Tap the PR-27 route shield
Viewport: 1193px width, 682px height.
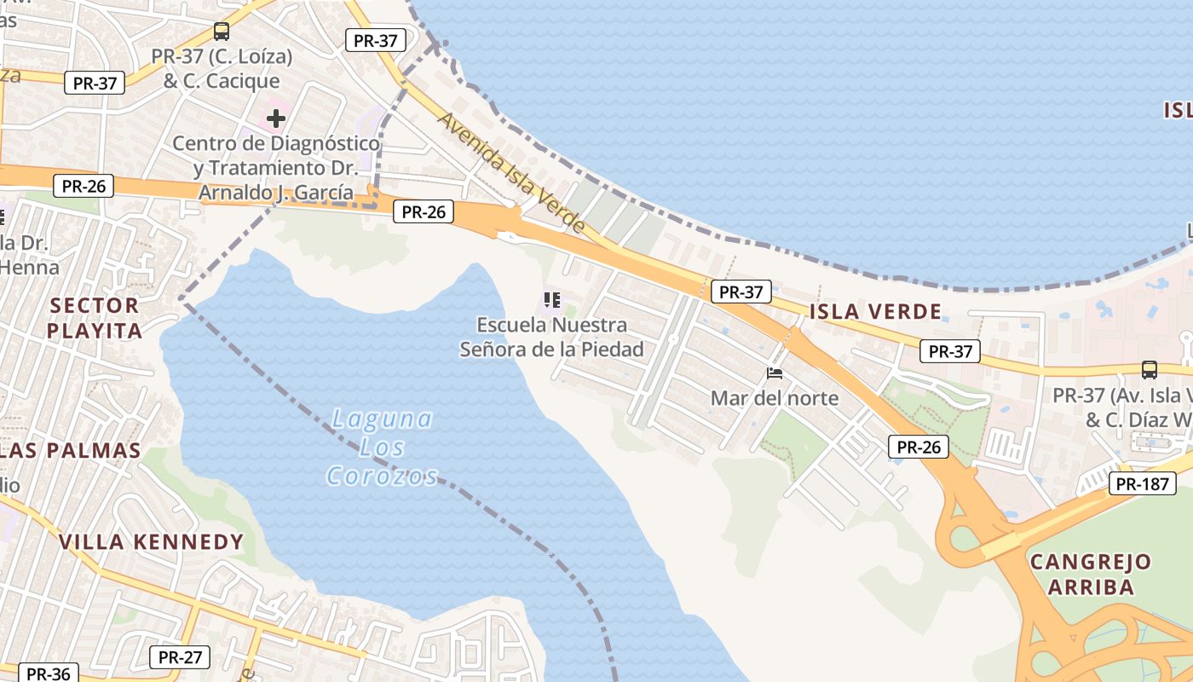tap(180, 657)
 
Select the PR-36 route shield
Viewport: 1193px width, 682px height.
tap(48, 673)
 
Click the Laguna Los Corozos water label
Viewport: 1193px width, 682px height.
tap(382, 448)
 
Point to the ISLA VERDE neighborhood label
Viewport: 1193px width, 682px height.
tap(875, 311)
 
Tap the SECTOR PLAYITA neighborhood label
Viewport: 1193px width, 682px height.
tap(94, 317)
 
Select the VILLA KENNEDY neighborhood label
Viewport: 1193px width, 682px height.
tap(151, 541)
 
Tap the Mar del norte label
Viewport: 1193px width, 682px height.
tap(775, 398)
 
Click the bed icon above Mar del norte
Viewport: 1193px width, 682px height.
tap(775, 373)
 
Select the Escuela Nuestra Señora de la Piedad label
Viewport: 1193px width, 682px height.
tap(552, 337)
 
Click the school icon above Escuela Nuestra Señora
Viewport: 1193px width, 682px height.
tap(552, 300)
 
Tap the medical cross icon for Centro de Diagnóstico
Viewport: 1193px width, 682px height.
tap(276, 118)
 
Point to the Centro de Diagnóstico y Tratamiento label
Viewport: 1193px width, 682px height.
tap(276, 167)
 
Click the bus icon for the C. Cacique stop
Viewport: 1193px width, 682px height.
tap(222, 32)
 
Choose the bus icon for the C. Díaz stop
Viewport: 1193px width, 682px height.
tap(1150, 370)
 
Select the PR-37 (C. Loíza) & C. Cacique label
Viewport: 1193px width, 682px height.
tap(222, 69)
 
